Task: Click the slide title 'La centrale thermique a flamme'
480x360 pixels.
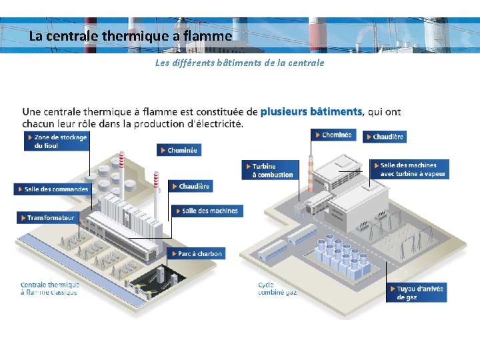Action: tap(131, 36)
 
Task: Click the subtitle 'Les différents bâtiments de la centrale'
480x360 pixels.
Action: tap(239, 63)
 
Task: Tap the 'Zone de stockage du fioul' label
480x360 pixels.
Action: tap(57, 141)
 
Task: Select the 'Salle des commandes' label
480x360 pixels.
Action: tap(52, 189)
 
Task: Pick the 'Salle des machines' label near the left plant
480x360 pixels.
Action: tap(206, 211)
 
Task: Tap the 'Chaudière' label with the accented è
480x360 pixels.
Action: tap(191, 187)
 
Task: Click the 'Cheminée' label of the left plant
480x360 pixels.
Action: tap(179, 151)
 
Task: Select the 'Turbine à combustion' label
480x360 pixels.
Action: tap(269, 170)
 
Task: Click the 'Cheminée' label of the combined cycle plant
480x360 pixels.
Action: tap(333, 135)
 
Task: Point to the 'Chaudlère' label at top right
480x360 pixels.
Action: tap(384, 137)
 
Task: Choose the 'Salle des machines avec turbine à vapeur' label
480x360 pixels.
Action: tap(411, 169)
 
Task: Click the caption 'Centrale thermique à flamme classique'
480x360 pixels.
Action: tap(50, 289)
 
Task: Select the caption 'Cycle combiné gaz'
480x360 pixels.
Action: tap(277, 289)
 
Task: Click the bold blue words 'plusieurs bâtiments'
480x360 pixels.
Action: tap(311, 111)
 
